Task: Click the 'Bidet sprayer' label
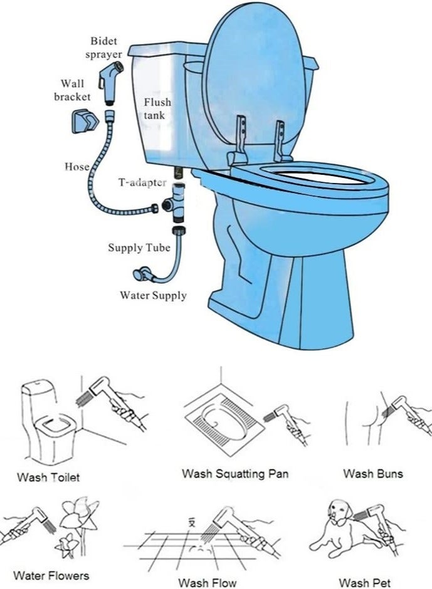[105, 48]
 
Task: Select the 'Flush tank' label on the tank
[157, 108]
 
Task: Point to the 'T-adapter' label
[143, 182]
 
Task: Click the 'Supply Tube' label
[139, 248]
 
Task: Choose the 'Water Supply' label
[153, 295]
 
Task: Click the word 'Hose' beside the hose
[76, 167]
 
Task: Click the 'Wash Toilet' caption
[48, 477]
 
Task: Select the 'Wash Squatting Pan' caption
[235, 474]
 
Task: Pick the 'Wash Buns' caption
[372, 474]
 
